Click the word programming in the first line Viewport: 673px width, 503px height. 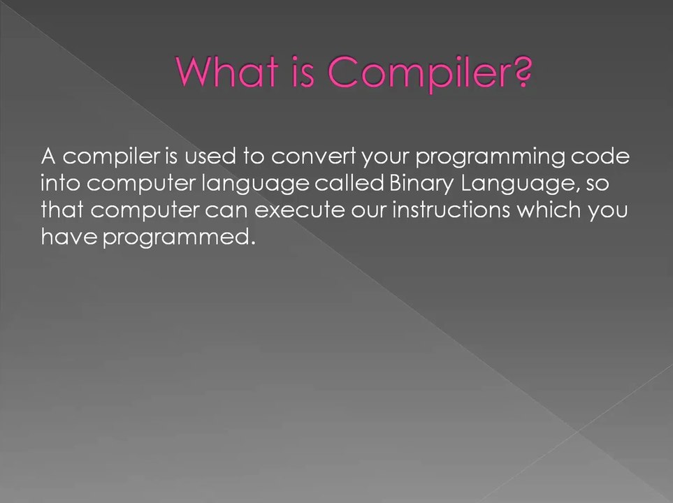tap(490, 158)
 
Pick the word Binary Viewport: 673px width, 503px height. tap(421, 184)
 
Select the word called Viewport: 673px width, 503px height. tap(349, 183)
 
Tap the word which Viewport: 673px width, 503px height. tap(549, 210)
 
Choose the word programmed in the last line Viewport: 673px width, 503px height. tap(175, 238)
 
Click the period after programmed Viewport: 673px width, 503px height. tap(253, 244)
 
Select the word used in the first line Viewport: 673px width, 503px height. tap(210, 156)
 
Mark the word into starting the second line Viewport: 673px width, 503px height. tap(61, 183)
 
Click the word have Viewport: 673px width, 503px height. tap(69, 237)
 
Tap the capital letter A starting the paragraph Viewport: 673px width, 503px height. tap(48, 156)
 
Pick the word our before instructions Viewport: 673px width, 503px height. tap(369, 212)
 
